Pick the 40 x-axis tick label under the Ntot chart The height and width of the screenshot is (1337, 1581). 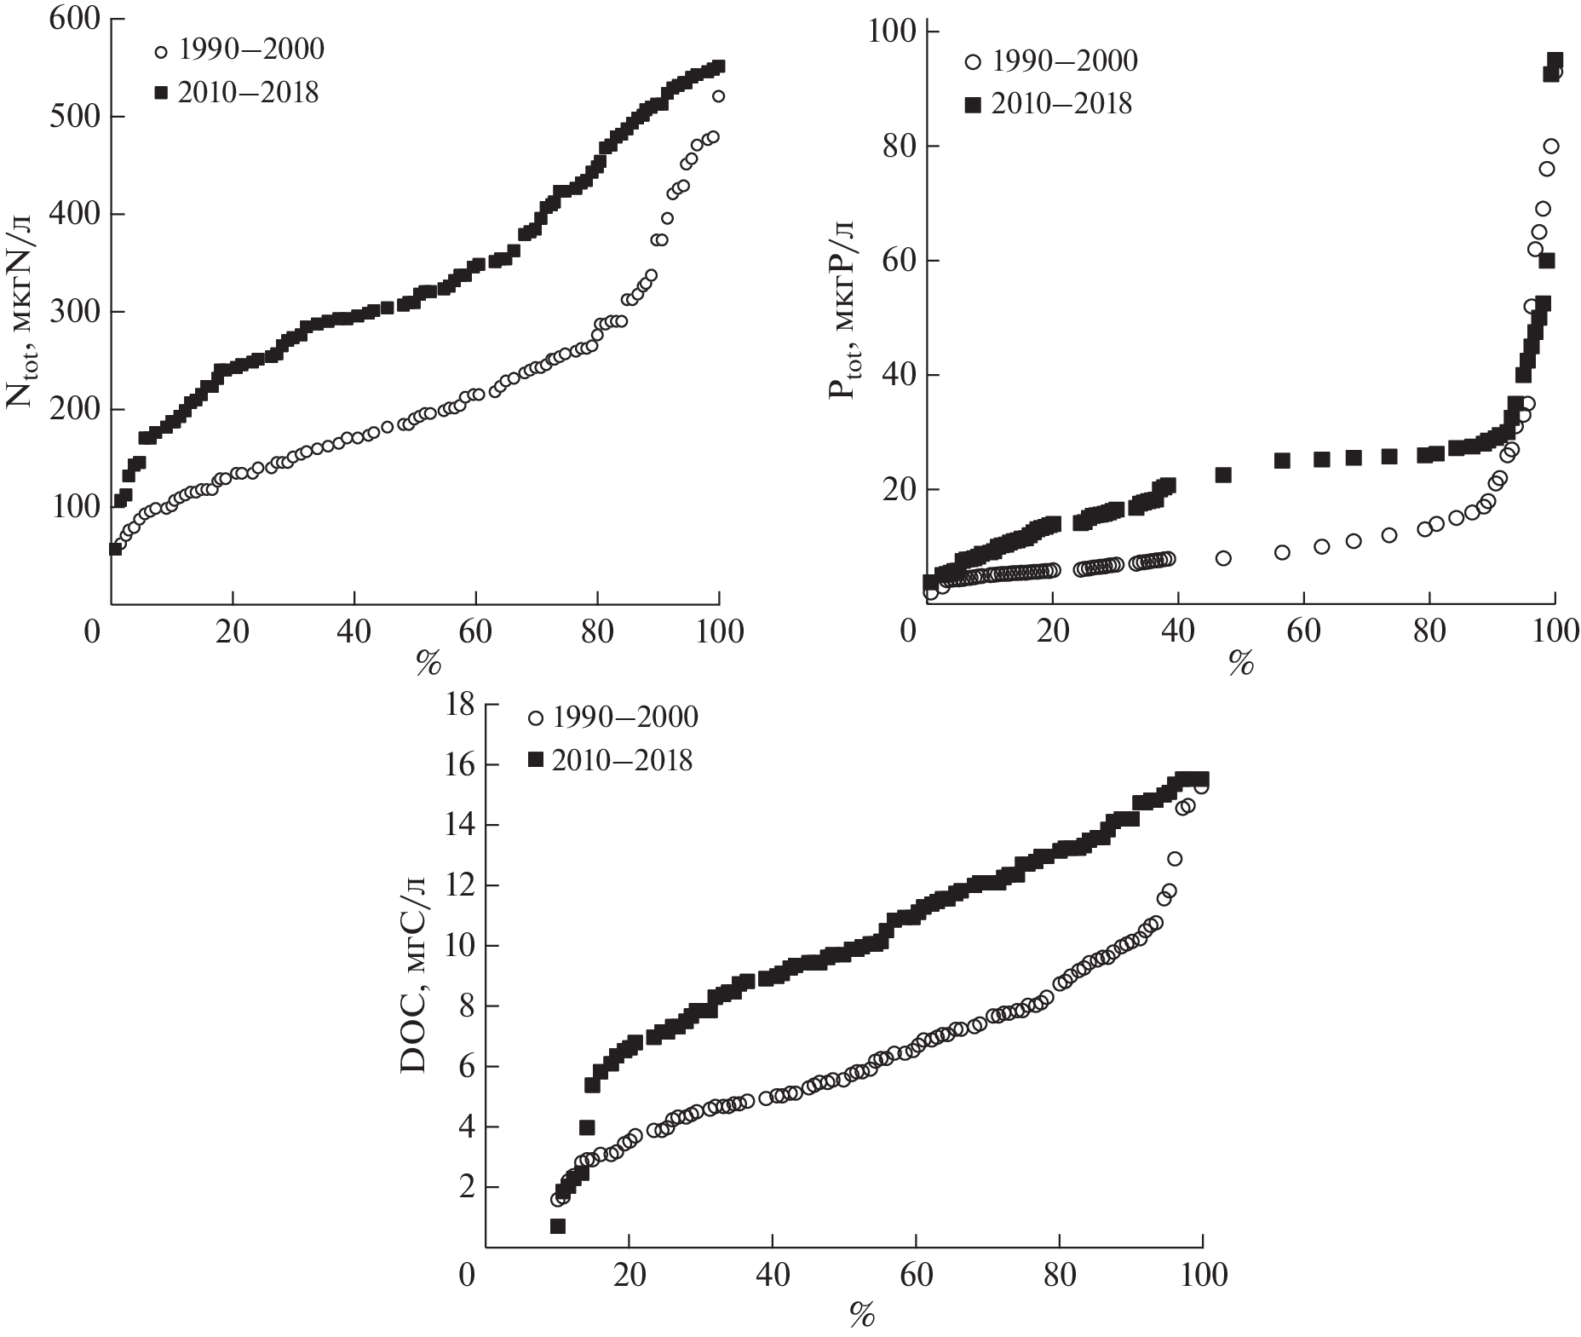[x=354, y=632]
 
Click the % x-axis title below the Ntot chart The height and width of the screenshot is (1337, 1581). [x=428, y=666]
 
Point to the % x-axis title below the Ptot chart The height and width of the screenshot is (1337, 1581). [x=1241, y=666]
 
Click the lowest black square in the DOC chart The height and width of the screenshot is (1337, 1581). [x=558, y=1226]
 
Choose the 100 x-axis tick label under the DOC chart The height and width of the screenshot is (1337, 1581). [x=1202, y=1276]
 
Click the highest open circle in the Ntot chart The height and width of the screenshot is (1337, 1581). [x=718, y=96]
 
